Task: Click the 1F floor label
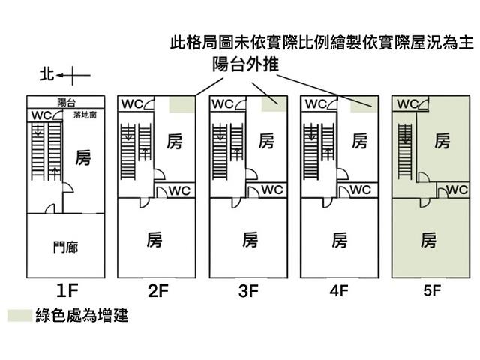(66, 289)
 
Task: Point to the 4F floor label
(339, 290)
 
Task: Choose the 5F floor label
(430, 290)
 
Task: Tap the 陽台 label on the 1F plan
(67, 102)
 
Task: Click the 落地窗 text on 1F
(84, 116)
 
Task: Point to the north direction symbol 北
(46, 74)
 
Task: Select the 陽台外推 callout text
(245, 66)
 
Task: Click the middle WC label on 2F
(178, 190)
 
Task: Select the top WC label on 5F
(408, 103)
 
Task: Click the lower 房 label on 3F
(250, 240)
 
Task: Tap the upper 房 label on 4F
(359, 141)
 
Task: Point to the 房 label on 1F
(83, 158)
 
